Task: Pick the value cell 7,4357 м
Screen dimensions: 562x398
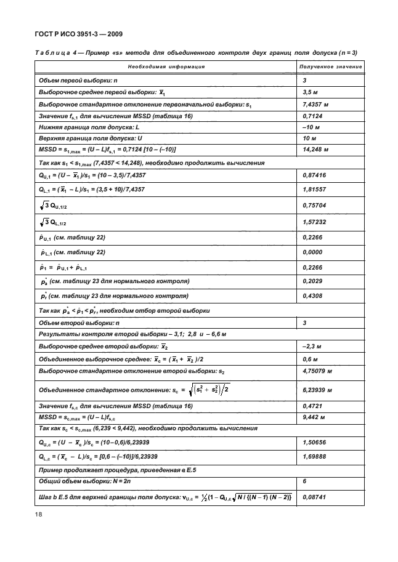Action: point(317,105)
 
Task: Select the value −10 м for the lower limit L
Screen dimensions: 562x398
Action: point(313,128)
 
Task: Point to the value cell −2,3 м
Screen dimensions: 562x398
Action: point(314,347)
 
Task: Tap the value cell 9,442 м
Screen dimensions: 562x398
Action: point(315,417)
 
